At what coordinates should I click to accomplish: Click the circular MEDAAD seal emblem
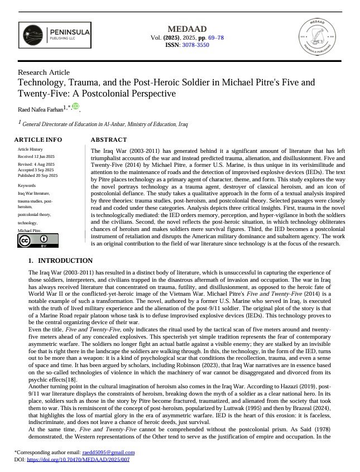pos(318,37)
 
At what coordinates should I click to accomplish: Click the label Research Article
pos(44,73)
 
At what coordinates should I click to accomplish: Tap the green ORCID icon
pos(75,107)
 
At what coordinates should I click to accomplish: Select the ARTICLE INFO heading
pos(39,139)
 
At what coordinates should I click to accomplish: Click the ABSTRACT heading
pos(108,139)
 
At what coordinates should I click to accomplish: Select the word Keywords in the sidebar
pos(27,185)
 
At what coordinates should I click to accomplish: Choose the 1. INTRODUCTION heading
pos(60,261)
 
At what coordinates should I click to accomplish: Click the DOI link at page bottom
pos(78,459)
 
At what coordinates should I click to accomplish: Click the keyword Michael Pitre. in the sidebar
pos(30,230)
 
